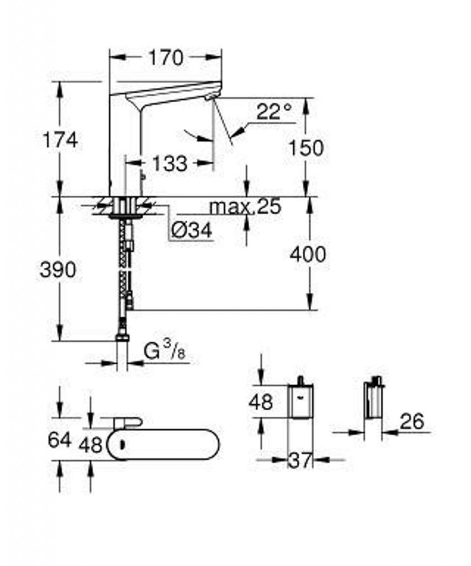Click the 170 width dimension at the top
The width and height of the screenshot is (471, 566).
[x=166, y=57]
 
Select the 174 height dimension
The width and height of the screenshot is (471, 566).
[x=60, y=140]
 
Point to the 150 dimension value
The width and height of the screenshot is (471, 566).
[x=306, y=148]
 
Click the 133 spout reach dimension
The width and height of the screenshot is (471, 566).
[x=170, y=164]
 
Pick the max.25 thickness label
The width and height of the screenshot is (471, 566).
[x=245, y=207]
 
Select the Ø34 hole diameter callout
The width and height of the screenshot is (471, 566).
[x=192, y=229]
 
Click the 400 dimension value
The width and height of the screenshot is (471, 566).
[x=308, y=254]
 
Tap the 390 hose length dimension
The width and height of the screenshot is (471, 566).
[x=58, y=270]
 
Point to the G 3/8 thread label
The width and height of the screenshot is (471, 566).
[x=165, y=350]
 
